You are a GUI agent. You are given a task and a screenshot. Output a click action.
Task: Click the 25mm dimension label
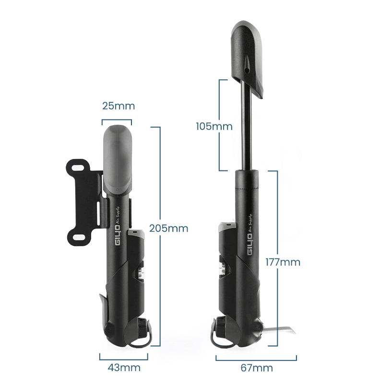tap(118, 106)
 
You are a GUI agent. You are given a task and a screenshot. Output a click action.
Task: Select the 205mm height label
tap(168, 228)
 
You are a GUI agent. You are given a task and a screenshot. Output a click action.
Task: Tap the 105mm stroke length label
tap(214, 126)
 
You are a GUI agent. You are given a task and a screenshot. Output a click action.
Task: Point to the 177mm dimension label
tap(283, 262)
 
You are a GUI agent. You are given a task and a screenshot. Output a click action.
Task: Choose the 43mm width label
tap(124, 368)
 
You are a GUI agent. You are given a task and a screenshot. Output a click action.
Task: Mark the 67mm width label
tap(256, 368)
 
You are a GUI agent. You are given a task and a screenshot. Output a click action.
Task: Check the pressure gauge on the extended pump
tap(222, 264)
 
